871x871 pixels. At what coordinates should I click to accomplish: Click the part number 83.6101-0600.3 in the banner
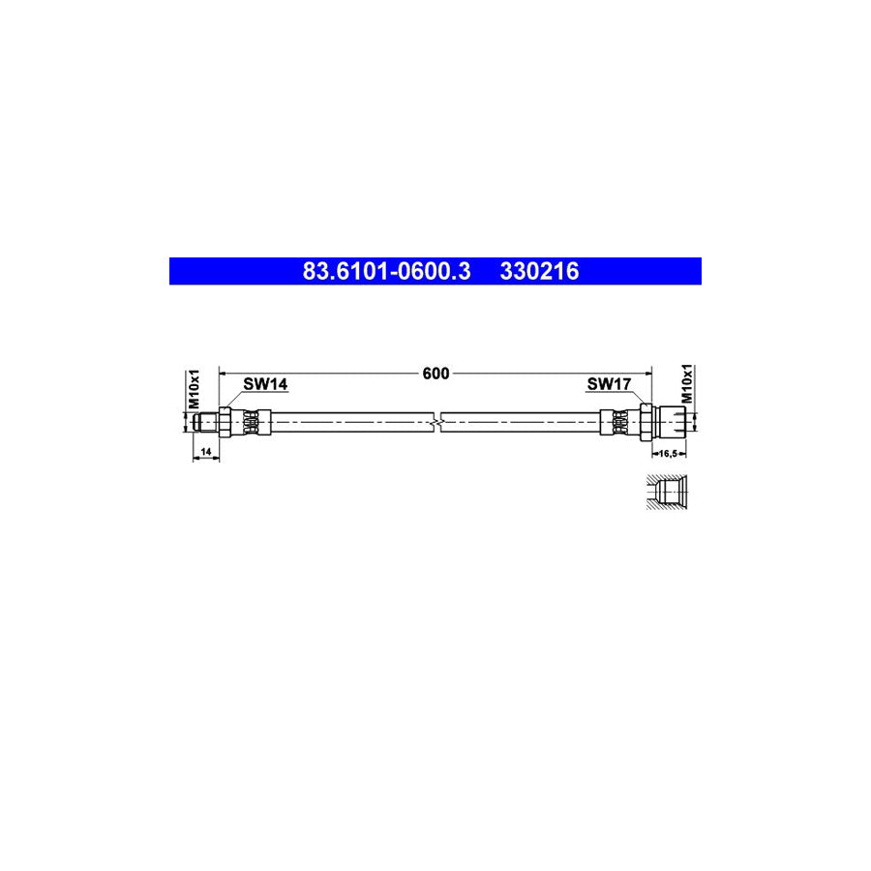click(x=386, y=272)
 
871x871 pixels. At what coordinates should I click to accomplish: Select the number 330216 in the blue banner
click(x=539, y=272)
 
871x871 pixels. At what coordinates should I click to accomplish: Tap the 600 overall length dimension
click(x=435, y=375)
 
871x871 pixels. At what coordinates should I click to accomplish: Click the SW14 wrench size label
click(x=264, y=384)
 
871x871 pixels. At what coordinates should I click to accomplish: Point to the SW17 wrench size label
click(x=609, y=384)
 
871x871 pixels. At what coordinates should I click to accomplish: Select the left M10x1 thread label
click(x=193, y=387)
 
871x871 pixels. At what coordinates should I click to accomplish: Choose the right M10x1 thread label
click(x=688, y=384)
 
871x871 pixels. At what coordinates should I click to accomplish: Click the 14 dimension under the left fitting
click(x=205, y=452)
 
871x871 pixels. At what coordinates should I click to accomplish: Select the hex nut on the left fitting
click(x=225, y=423)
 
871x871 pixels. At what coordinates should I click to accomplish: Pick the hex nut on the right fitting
click(x=644, y=423)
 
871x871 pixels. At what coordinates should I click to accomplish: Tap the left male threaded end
click(x=204, y=423)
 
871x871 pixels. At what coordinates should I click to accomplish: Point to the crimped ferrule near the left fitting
click(x=251, y=423)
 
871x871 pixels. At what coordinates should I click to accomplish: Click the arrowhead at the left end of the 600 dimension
click(x=224, y=373)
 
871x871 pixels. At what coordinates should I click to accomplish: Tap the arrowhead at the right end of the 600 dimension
click(x=648, y=373)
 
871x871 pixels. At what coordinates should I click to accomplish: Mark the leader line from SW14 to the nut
click(x=233, y=399)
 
